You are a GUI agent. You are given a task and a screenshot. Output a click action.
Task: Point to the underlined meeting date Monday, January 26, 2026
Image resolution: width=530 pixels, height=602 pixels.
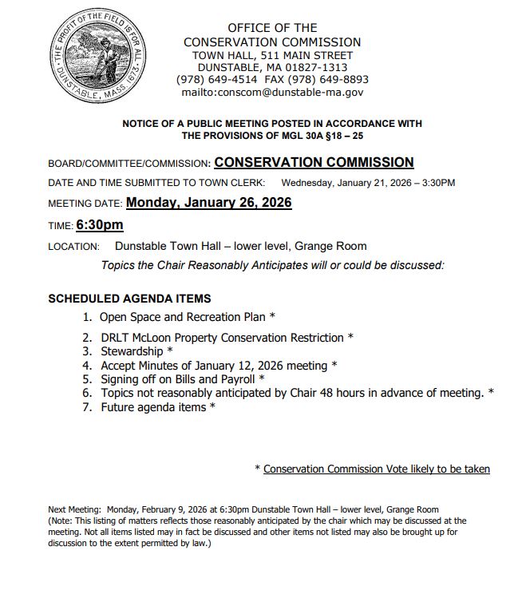208,203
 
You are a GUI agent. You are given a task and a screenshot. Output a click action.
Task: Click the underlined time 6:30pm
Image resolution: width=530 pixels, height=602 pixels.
100,225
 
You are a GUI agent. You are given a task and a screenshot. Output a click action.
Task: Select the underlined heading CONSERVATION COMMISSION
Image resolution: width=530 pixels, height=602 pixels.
314,163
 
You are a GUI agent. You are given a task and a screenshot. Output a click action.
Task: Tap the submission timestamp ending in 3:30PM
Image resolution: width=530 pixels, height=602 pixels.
368,183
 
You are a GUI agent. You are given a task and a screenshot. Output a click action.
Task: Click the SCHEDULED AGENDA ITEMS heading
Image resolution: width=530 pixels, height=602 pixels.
129,299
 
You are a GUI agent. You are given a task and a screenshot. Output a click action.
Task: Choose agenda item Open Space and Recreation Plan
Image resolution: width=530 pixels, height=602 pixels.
183,317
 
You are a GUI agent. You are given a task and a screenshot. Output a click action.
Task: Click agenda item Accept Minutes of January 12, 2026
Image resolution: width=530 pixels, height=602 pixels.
214,366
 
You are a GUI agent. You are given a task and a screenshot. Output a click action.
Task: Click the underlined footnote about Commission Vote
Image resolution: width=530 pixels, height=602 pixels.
376,469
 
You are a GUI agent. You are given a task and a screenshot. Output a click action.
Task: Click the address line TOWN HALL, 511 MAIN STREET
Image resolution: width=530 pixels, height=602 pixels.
272,55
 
